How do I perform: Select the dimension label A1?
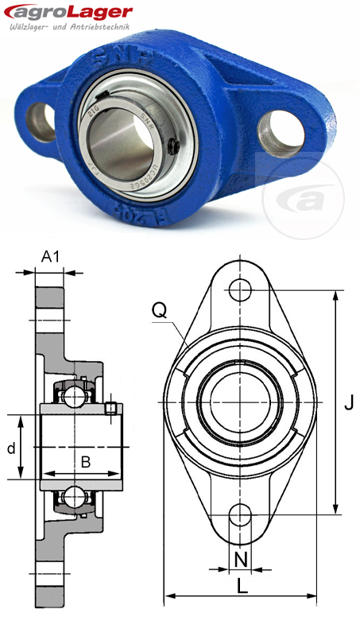[51, 256]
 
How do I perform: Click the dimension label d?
[11, 448]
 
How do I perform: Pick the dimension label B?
[84, 461]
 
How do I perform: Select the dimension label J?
[348, 404]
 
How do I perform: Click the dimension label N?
[242, 559]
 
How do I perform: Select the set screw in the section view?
[111, 408]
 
